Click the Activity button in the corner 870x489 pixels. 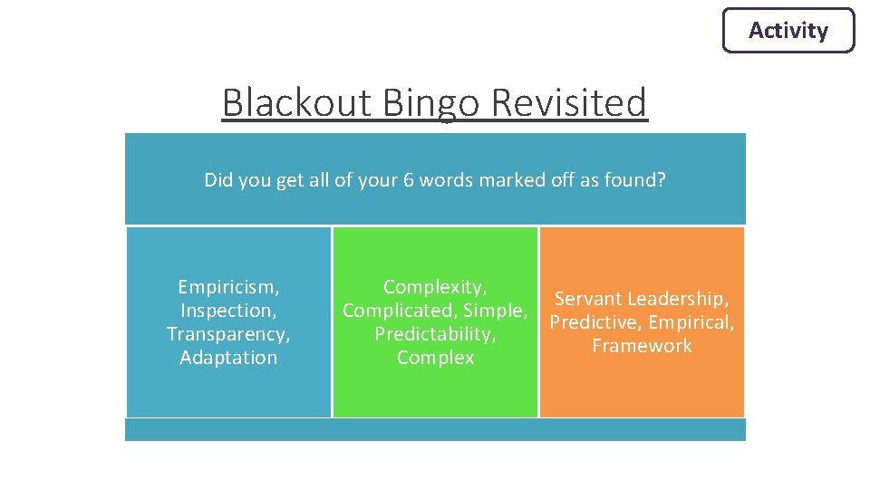click(788, 31)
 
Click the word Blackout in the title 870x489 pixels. click(297, 102)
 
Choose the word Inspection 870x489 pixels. click(227, 311)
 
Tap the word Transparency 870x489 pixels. click(227, 334)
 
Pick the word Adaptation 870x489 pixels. click(228, 358)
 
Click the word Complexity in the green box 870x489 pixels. click(434, 287)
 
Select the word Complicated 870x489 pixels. click(398, 311)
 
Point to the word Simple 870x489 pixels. click(495, 311)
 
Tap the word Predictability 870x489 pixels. click(435, 334)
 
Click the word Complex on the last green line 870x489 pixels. click(435, 358)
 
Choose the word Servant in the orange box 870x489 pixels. click(587, 299)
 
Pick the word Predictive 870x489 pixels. click(594, 322)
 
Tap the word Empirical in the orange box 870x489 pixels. click(691, 322)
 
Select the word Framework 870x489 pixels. click(642, 346)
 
